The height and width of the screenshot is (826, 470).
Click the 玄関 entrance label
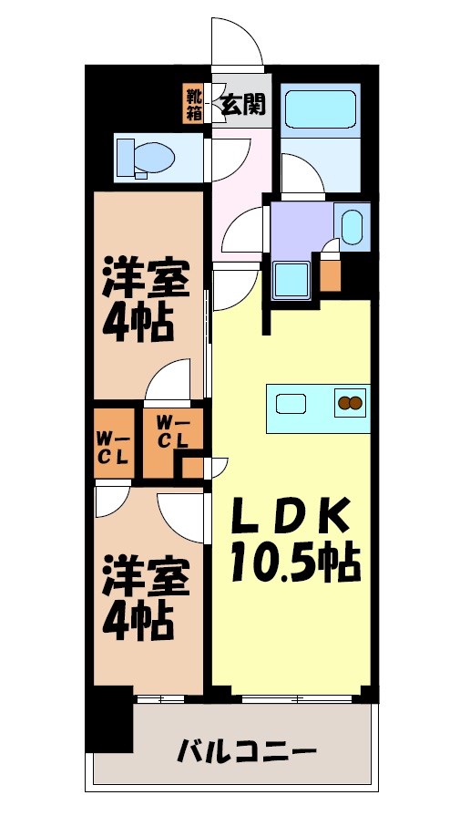(x=243, y=104)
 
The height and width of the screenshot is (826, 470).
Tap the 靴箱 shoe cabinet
(x=195, y=104)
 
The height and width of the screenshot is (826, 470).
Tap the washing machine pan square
(x=293, y=279)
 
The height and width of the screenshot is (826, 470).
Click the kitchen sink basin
(x=294, y=402)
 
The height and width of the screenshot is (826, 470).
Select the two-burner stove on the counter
(x=350, y=402)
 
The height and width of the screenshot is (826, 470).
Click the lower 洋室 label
(x=146, y=578)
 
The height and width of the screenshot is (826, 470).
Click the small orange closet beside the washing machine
(x=331, y=274)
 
